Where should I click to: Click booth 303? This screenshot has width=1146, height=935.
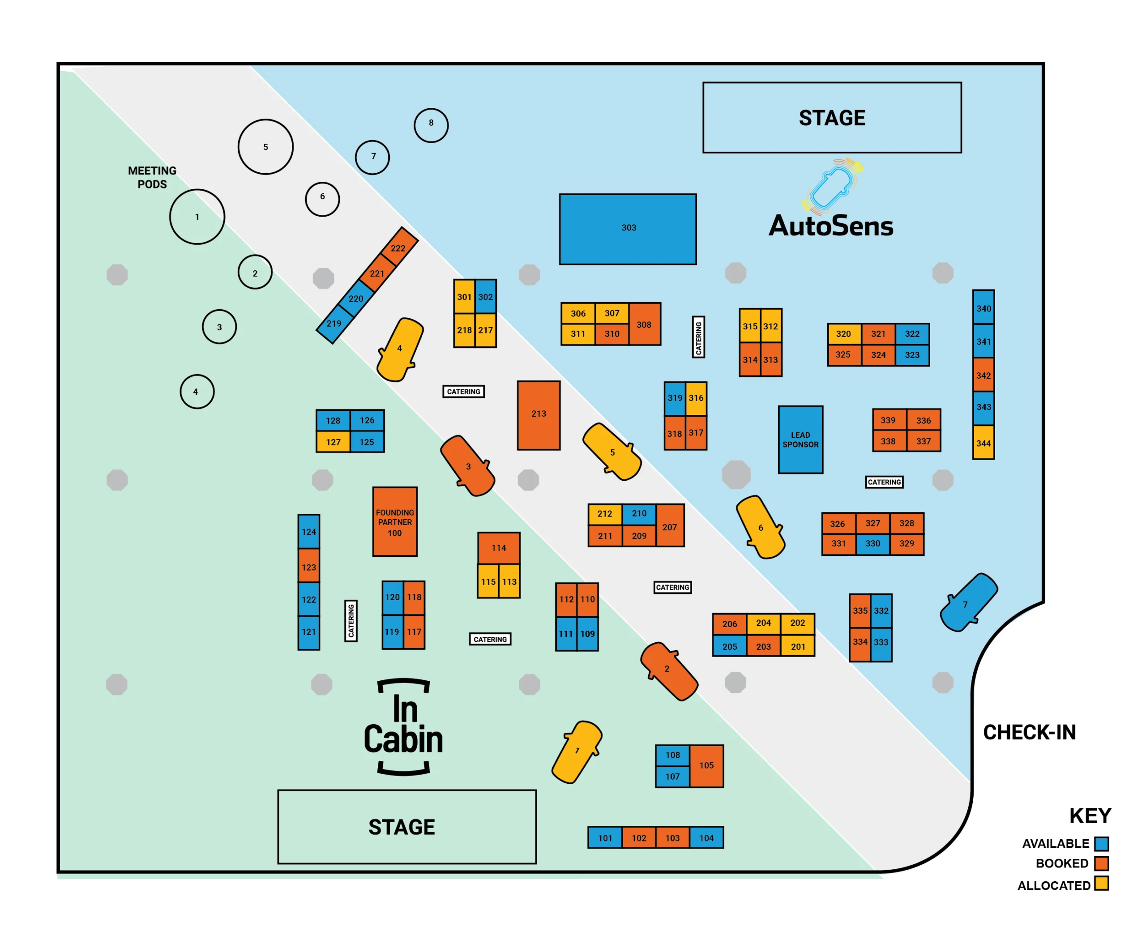point(628,229)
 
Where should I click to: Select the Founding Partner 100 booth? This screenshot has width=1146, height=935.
point(395,521)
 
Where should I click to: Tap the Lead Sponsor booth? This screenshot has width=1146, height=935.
point(800,440)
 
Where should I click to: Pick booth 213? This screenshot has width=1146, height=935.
point(539,415)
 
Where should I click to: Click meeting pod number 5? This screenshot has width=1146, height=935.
point(265,146)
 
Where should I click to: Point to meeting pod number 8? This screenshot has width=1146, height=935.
point(431,125)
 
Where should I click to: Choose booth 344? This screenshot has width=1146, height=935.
point(984,443)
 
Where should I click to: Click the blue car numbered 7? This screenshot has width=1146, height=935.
point(968,602)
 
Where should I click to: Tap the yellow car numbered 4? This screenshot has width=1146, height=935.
point(400,349)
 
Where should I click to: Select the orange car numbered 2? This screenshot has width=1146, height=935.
point(669,670)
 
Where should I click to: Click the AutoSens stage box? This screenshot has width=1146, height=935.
point(832,117)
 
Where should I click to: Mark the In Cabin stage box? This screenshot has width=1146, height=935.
point(406,826)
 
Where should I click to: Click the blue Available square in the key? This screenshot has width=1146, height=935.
point(1101,843)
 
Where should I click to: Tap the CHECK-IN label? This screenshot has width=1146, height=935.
point(1029,733)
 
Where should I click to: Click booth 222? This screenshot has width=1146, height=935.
point(398,247)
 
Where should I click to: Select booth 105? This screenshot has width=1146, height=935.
point(706,765)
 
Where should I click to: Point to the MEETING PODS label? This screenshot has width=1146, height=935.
point(152,177)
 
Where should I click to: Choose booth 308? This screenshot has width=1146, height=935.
point(644,324)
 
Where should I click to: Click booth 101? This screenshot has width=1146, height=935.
point(605,837)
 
